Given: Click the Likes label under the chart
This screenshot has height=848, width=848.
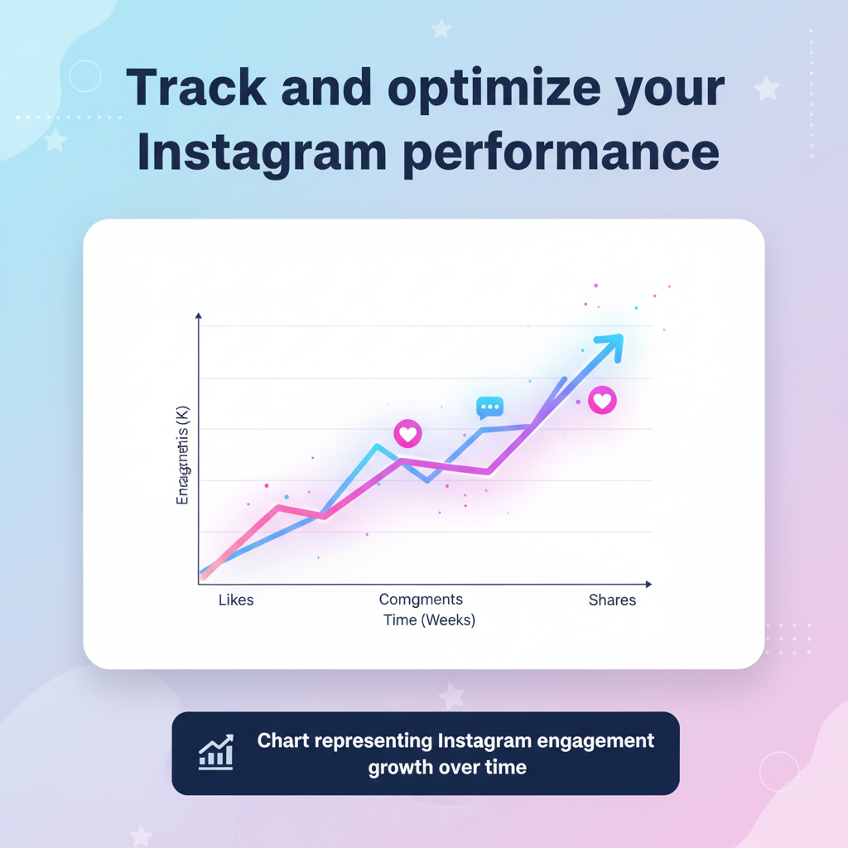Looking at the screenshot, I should [x=236, y=600].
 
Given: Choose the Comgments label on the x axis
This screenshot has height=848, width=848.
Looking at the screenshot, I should [x=421, y=600].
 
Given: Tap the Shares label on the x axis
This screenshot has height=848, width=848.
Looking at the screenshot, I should [x=612, y=600].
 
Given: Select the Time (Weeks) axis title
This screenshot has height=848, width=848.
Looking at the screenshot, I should [x=429, y=620].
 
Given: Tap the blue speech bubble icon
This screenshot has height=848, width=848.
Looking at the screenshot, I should [x=489, y=407].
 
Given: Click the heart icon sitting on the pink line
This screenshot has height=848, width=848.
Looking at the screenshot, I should [x=407, y=433].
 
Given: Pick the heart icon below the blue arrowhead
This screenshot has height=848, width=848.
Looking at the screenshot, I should [x=602, y=401].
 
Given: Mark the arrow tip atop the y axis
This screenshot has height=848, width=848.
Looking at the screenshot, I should [x=199, y=316].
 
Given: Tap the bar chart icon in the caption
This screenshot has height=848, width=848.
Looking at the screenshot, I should [x=215, y=752].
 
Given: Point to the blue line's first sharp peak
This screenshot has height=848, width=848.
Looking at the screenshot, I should [x=377, y=446].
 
